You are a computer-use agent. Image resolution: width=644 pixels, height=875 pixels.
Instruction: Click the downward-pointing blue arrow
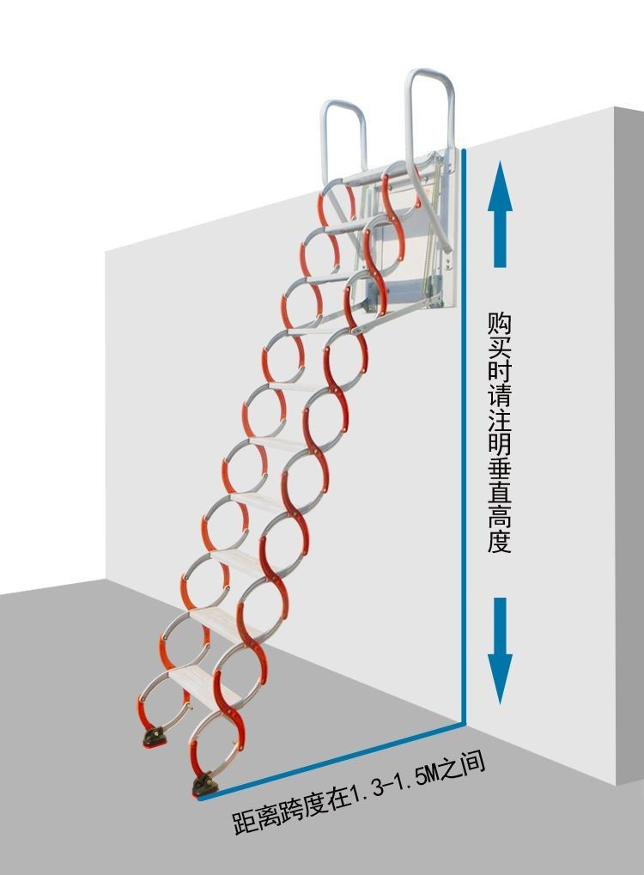(x=500, y=649)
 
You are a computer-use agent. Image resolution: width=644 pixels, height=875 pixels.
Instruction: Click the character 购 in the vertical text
(x=500, y=324)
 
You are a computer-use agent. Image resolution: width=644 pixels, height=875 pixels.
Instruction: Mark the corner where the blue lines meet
(x=465, y=724)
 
